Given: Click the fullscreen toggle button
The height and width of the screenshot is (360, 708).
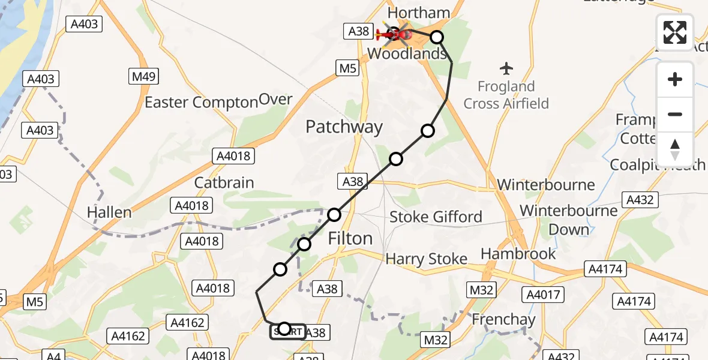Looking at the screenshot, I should [x=675, y=32].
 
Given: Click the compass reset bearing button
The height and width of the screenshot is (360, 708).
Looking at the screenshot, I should [x=675, y=149].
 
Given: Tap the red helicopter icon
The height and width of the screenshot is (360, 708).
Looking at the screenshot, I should [x=394, y=34].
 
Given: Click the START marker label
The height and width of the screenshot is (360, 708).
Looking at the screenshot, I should [x=287, y=331].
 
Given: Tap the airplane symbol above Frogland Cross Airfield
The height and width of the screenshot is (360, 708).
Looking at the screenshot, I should [x=506, y=67].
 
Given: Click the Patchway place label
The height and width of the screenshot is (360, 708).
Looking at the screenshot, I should [x=344, y=127].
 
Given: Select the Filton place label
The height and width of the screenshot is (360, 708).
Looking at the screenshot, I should [x=350, y=238].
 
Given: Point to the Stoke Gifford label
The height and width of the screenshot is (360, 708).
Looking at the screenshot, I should [x=436, y=217].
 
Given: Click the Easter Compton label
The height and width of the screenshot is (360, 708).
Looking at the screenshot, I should [x=201, y=103].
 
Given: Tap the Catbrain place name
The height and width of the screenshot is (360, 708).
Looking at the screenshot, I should [x=224, y=182].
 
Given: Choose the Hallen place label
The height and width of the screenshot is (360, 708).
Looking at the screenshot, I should [x=109, y=212].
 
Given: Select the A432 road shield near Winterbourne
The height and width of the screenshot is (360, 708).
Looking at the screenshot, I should [x=640, y=200].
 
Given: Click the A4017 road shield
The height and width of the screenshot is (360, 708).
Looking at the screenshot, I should [x=544, y=294].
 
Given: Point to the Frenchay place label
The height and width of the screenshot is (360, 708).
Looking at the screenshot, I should [x=503, y=319].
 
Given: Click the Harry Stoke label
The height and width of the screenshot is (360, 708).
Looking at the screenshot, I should [x=426, y=259].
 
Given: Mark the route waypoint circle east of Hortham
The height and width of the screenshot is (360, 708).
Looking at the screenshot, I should [x=437, y=37].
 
